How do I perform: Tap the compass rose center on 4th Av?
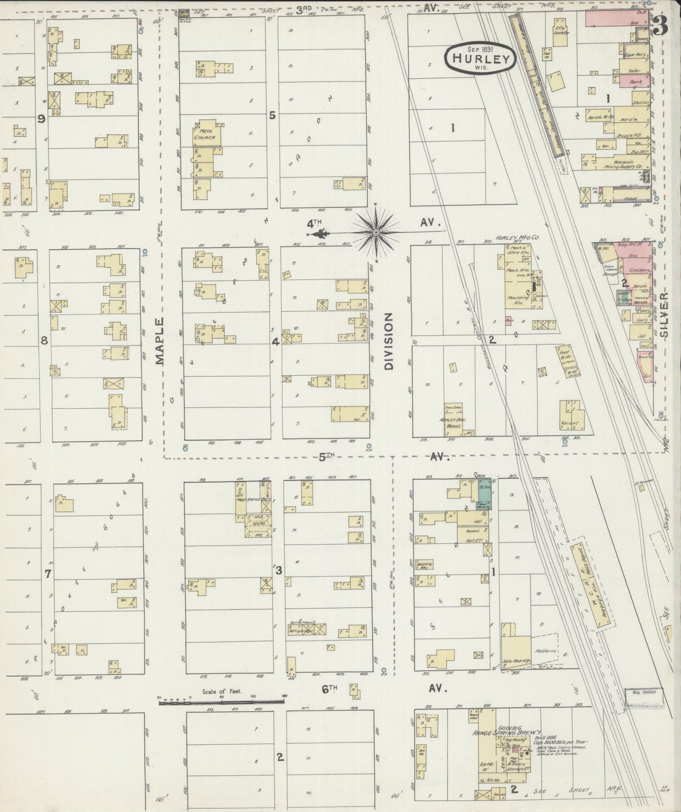[x=376, y=233]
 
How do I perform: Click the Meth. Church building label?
[x=206, y=134]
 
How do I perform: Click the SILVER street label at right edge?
[x=665, y=314]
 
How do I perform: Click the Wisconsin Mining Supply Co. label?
[x=624, y=163]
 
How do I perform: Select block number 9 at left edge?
[x=41, y=119]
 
